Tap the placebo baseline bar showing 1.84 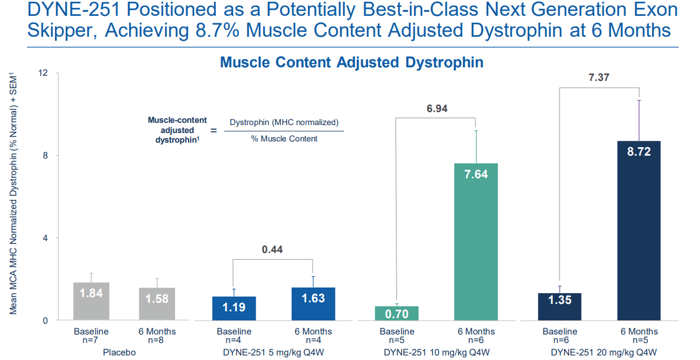(91, 301)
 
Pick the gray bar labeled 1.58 (157, 304)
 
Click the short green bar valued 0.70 (397, 313)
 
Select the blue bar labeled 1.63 (313, 304)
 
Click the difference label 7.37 (599, 78)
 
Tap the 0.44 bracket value (272, 249)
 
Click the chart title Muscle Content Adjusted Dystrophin (351, 62)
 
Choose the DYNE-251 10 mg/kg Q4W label (436, 352)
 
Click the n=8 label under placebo (157, 340)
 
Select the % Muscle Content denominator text (284, 139)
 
